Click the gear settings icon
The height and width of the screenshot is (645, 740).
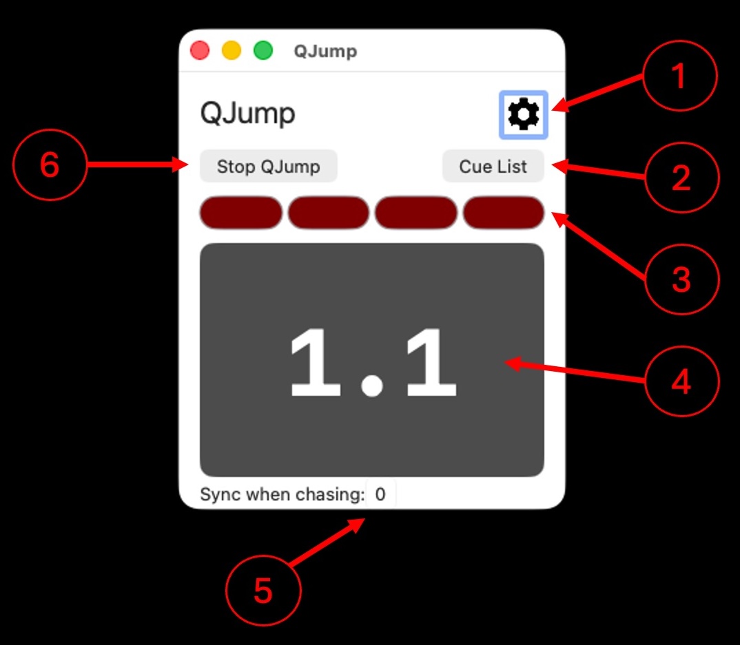click(x=524, y=114)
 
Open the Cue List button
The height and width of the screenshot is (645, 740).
click(x=493, y=167)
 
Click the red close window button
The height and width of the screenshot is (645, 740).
click(x=200, y=50)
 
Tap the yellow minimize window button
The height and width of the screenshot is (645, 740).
click(x=232, y=50)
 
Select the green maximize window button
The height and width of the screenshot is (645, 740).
click(x=263, y=50)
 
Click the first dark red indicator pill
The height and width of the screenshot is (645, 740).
click(x=240, y=213)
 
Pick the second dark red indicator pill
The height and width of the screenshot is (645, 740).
click(x=329, y=213)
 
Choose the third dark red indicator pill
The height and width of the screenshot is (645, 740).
click(x=415, y=213)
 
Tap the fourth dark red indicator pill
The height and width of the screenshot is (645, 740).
click(x=504, y=213)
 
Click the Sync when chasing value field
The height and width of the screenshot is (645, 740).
click(x=381, y=494)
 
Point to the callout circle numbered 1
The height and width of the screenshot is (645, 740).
click(x=680, y=76)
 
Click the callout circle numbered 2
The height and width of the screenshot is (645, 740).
click(x=681, y=178)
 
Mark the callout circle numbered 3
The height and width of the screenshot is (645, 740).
click(x=681, y=279)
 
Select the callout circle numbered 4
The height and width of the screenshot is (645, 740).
click(x=681, y=381)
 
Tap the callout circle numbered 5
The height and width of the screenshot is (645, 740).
click(x=263, y=591)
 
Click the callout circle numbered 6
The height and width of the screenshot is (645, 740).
click(x=50, y=165)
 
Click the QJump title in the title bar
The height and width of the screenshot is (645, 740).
click(x=325, y=51)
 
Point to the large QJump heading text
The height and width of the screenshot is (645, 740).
click(x=248, y=114)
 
